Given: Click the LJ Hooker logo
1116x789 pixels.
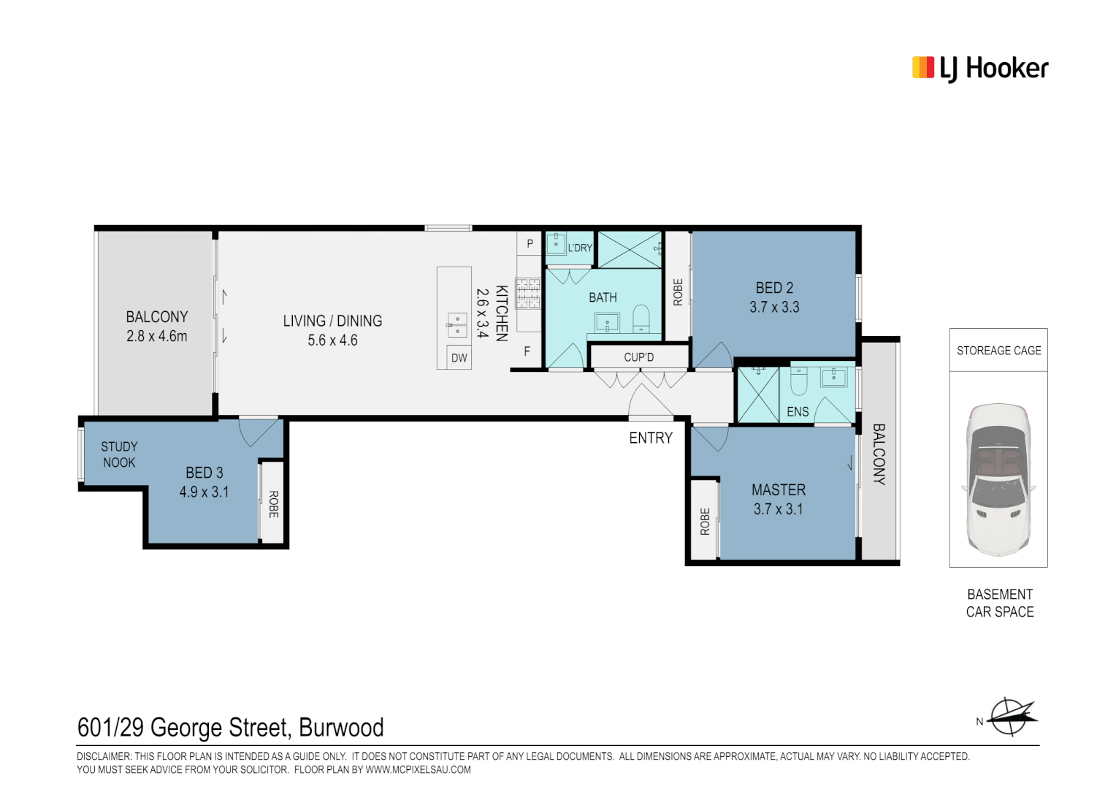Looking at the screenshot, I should coord(979,69).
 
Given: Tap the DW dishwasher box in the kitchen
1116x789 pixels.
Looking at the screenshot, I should coord(459,357).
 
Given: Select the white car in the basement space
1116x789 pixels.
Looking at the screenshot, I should coord(998,480).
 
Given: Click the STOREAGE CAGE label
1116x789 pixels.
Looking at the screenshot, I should coord(998,351).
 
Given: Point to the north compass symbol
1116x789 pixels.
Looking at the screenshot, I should coord(1012,717).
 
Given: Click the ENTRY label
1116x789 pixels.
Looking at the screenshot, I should coord(650,438).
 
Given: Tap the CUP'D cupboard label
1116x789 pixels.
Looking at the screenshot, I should coord(638,357).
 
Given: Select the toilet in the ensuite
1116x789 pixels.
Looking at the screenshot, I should coord(798,381).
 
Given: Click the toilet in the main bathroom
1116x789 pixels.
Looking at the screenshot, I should coord(641,319).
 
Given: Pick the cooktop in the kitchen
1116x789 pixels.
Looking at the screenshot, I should coord(528,294).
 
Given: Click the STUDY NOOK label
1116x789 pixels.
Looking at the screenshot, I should coord(119,454).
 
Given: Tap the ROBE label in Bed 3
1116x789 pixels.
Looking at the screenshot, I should coord(273,504).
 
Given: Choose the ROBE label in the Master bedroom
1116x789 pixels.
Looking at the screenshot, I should coord(705,522).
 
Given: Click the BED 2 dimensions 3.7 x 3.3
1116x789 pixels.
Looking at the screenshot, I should coord(774,308).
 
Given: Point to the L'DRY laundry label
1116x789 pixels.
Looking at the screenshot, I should coord(580,248).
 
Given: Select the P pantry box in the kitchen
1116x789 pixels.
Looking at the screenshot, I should coord(530,243).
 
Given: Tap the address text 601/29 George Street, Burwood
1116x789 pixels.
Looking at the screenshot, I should coord(230,728).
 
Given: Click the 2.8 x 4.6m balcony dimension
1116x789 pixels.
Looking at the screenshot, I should coord(156,337).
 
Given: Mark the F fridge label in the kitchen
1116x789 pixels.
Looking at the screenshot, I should coord(527,351).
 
